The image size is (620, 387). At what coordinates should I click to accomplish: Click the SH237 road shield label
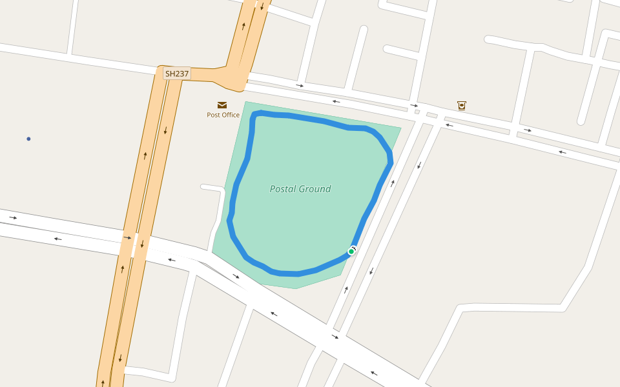tap(177, 74)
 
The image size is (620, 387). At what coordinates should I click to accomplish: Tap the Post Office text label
tap(223, 115)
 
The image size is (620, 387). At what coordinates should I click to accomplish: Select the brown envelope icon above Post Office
tap(222, 104)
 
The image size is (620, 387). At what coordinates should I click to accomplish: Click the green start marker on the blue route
tap(351, 251)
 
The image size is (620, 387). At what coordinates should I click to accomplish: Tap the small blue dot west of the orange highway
tap(28, 139)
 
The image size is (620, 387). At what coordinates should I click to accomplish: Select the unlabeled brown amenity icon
tap(461, 105)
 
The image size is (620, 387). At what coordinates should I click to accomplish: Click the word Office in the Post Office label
tap(231, 115)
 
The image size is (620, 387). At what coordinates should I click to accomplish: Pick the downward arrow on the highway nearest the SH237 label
tap(165, 130)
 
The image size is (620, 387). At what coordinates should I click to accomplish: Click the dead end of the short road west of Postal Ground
tap(203, 187)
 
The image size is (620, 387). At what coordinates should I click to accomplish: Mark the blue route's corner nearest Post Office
tap(254, 114)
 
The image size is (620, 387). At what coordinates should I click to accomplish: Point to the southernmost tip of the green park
tap(296, 288)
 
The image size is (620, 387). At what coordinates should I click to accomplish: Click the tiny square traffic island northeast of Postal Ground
tap(417, 112)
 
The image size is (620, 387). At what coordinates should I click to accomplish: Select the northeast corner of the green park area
tap(400, 128)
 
